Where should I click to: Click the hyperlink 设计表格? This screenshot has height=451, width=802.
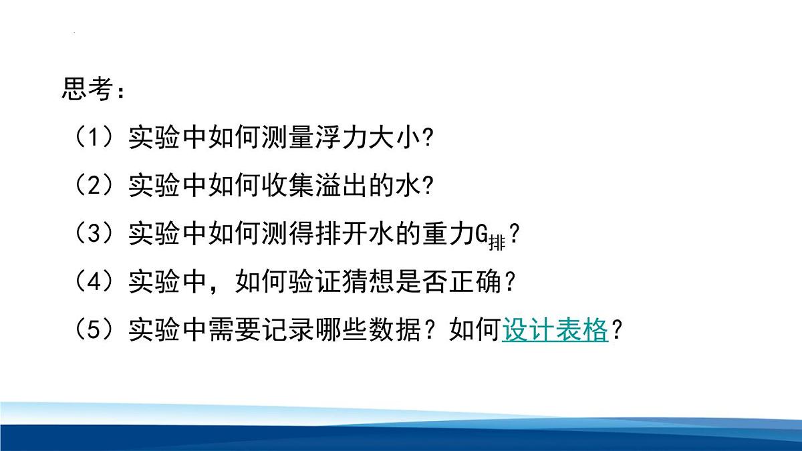tap(555, 330)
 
